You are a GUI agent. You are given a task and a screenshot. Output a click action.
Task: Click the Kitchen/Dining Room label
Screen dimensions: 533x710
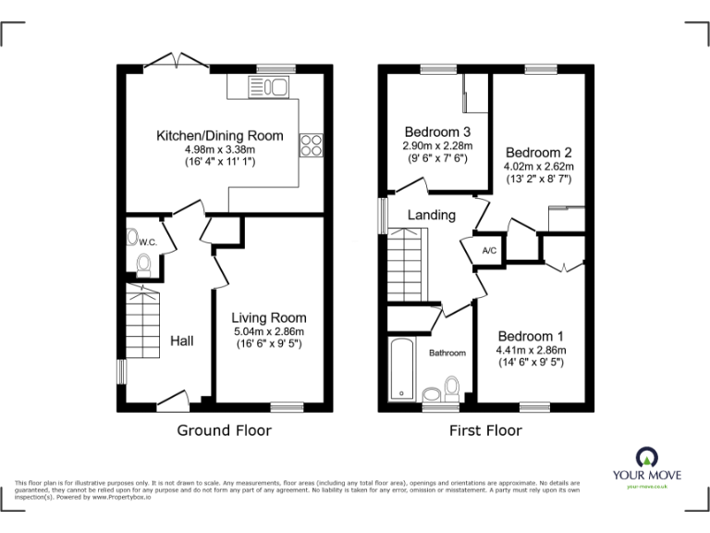click(x=219, y=135)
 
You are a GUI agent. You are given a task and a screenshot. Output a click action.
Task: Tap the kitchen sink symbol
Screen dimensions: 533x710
click(x=269, y=87)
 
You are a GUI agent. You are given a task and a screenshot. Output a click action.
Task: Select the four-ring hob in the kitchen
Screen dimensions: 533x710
click(x=311, y=146)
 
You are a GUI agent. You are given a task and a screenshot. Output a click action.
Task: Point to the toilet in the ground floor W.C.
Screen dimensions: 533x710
click(x=143, y=265)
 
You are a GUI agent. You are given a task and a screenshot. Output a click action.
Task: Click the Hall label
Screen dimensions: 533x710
click(x=181, y=341)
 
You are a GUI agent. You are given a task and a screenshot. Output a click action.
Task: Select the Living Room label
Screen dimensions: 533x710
click(x=269, y=317)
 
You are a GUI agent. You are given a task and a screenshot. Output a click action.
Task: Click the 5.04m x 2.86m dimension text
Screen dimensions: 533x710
click(x=269, y=331)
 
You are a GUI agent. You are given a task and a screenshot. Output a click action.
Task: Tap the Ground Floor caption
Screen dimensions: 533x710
click(x=224, y=430)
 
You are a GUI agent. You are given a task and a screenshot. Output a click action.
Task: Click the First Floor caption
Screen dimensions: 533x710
click(x=485, y=430)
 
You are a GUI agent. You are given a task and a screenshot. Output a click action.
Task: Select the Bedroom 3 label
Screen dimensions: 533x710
click(x=437, y=131)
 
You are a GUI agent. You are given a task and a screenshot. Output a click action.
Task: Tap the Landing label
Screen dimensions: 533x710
click(x=433, y=216)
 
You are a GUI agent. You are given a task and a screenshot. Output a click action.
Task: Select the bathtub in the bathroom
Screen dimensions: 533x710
click(x=401, y=369)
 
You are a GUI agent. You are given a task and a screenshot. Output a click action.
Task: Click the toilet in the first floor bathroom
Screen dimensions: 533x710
click(x=452, y=385)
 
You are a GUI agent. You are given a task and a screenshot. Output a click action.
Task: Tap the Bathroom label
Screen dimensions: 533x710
click(x=447, y=353)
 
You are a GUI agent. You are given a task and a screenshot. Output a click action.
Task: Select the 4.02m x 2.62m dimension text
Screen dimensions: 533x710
click(x=539, y=167)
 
